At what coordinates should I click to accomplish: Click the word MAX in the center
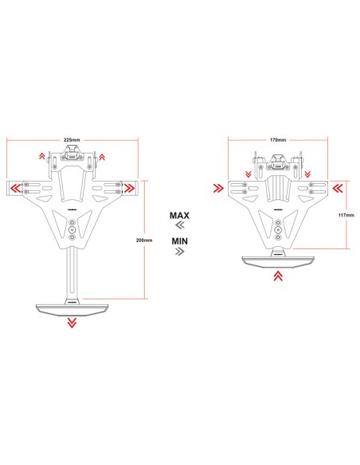coord(179,215)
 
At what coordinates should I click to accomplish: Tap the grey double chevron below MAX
coord(179,225)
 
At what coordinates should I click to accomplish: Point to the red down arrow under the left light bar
coord(72,321)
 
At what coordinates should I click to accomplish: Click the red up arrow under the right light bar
coord(277,276)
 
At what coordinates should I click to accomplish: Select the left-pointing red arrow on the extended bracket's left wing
coord(14,189)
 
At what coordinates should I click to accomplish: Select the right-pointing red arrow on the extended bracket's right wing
coord(129,189)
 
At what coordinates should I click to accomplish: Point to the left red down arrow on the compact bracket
coord(248,174)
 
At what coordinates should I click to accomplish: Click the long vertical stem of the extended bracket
coord(72,271)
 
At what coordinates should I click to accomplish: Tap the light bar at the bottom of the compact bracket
coord(277,260)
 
